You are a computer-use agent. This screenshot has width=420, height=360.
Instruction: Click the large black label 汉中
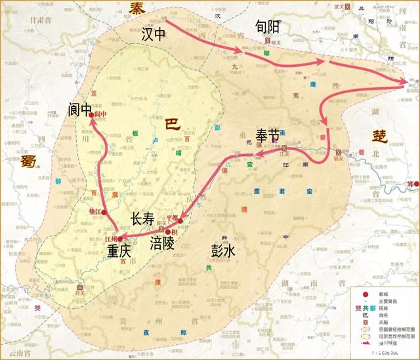[x=156, y=35]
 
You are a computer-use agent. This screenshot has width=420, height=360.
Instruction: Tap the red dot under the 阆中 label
[x=93, y=114]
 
